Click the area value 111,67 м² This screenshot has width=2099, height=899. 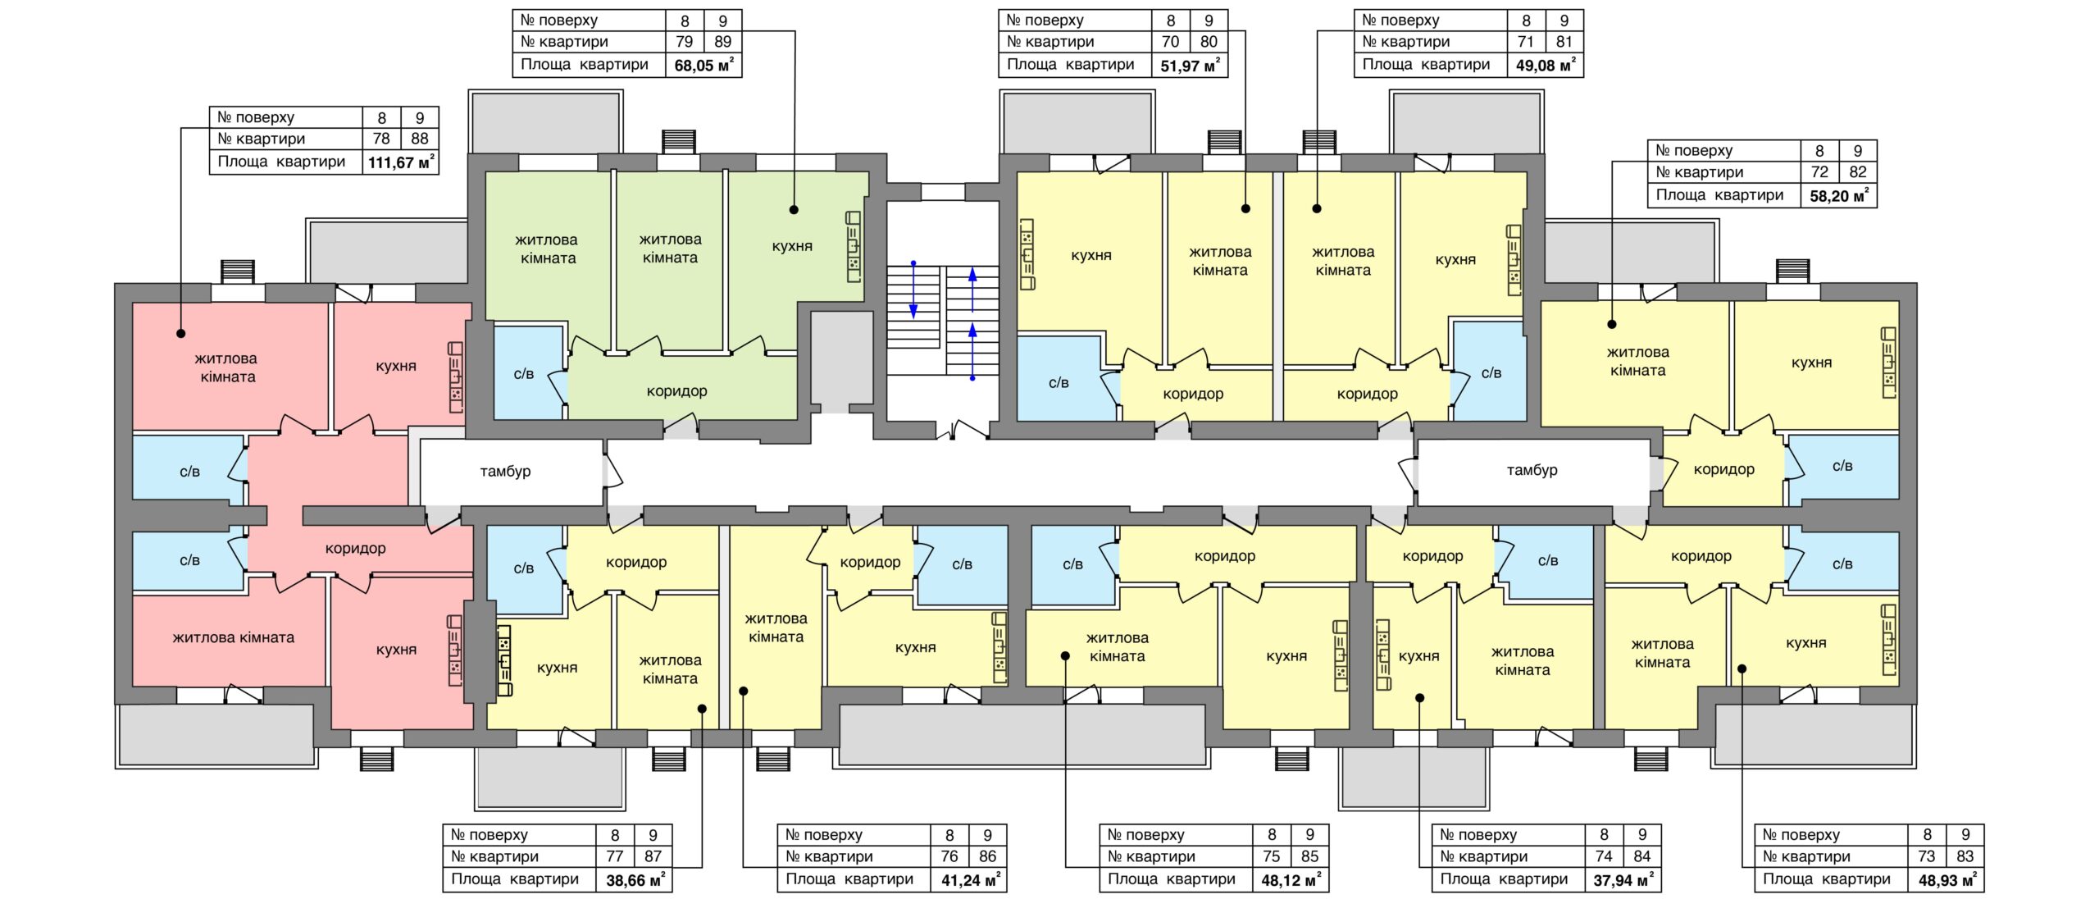pyautogui.click(x=401, y=162)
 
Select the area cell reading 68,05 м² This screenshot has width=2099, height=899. pyautogui.click(x=703, y=65)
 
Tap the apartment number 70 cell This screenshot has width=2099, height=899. pyautogui.click(x=1170, y=42)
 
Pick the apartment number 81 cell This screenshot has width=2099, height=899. pyautogui.click(x=1564, y=42)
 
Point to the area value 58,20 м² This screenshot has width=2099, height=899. pyautogui.click(x=1839, y=195)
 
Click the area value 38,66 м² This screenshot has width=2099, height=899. pyautogui.click(x=635, y=880)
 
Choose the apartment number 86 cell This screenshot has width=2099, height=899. pyautogui.click(x=987, y=856)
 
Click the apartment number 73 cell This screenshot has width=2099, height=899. pyautogui.click(x=1927, y=856)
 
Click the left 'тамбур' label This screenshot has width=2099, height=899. pyautogui.click(x=505, y=472)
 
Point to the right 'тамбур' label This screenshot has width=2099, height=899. pyautogui.click(x=1532, y=470)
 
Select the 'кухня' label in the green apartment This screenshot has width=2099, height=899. pyautogui.click(x=792, y=246)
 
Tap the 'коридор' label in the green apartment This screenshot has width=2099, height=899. pyautogui.click(x=676, y=391)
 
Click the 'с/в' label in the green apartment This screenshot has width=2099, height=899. pyautogui.click(x=524, y=374)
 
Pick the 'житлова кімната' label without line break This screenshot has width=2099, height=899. pyautogui.click(x=233, y=637)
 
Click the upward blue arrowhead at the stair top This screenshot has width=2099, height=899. pyautogui.click(x=972, y=273)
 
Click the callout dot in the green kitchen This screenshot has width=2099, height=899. pyautogui.click(x=794, y=210)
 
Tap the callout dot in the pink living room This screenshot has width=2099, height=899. pyautogui.click(x=181, y=334)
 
